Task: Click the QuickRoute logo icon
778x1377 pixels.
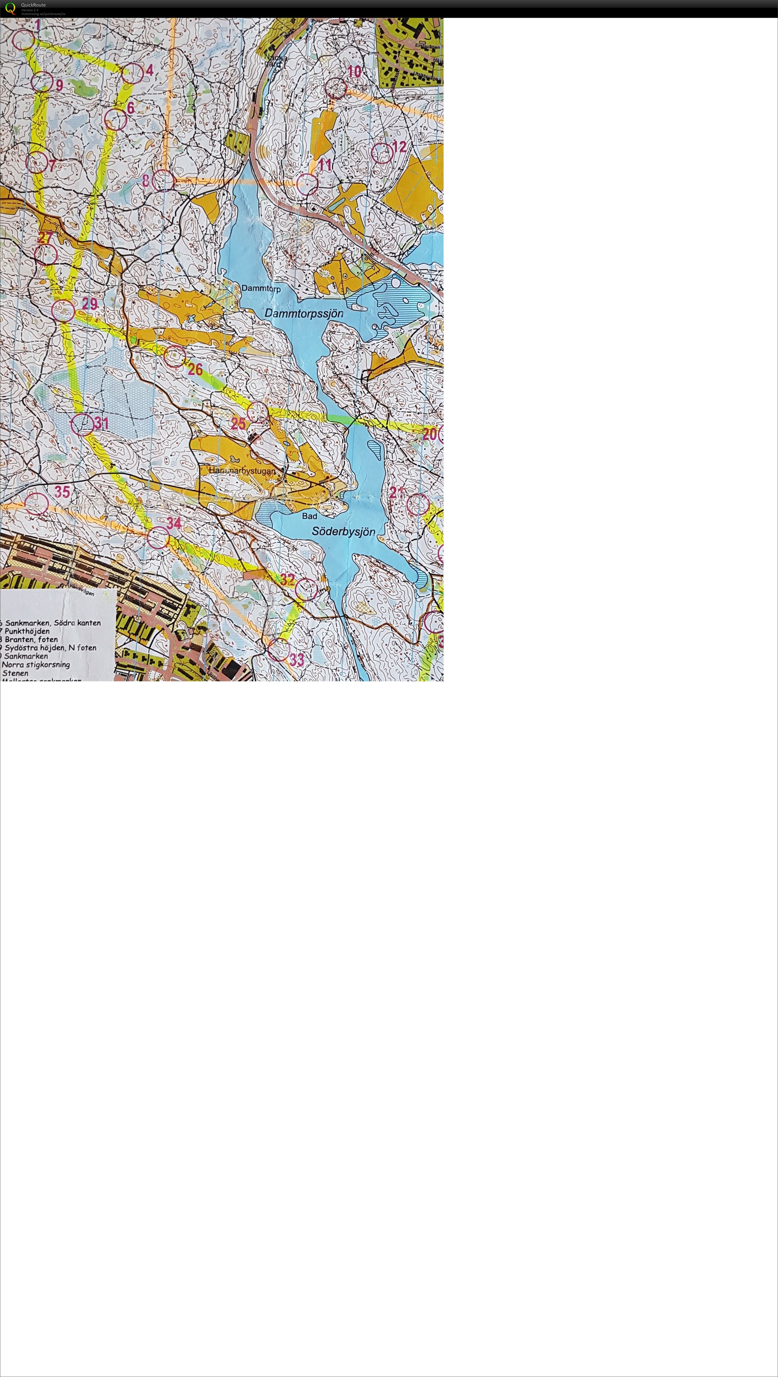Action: pyautogui.click(x=10, y=8)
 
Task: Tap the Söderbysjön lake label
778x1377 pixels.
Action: pyautogui.click(x=344, y=532)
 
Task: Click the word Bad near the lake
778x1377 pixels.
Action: pyautogui.click(x=309, y=516)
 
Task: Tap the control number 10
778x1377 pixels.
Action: pyautogui.click(x=354, y=72)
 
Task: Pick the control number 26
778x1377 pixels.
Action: pyautogui.click(x=195, y=369)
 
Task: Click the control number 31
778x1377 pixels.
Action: pyautogui.click(x=102, y=423)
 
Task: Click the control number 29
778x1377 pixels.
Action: pyautogui.click(x=90, y=304)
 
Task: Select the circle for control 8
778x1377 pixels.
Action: pyautogui.click(x=163, y=181)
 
